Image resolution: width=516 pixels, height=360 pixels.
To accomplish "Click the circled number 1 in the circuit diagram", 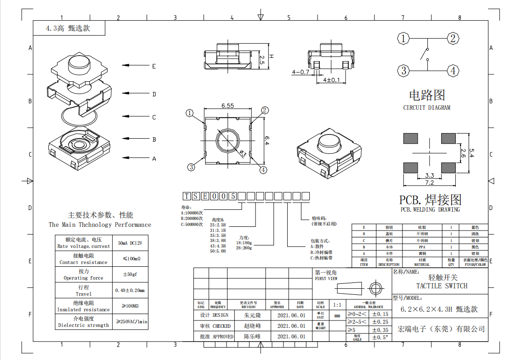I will click(403, 39).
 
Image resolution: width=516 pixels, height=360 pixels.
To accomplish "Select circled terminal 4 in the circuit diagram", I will click(453, 71).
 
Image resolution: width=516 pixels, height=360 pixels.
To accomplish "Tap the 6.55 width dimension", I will click(227, 106).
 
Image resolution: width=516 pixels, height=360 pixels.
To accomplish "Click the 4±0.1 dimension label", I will click(332, 80).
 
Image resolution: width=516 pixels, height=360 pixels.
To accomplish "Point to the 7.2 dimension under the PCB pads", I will click(429, 183).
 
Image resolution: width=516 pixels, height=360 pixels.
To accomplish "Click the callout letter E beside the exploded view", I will click(154, 66).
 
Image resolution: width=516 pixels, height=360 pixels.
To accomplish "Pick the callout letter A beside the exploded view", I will click(154, 159).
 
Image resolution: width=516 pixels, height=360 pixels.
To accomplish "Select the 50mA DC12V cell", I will click(130, 243).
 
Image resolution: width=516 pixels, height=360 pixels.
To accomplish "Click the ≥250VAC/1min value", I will click(131, 321).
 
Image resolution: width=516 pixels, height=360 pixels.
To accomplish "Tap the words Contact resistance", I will click(83, 262).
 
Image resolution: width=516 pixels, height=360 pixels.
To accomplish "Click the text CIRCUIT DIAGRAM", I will click(427, 108).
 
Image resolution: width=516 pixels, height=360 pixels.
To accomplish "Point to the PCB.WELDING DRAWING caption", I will click(430, 210).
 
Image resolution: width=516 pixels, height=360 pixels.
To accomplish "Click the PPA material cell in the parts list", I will click(422, 247).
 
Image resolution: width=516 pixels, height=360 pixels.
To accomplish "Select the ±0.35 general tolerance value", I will click(380, 330).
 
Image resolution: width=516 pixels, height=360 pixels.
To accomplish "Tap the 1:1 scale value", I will click(337, 305).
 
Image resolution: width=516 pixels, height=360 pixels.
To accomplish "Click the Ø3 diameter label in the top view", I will click(242, 152).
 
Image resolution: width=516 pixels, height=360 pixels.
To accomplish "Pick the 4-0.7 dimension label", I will click(301, 72).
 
